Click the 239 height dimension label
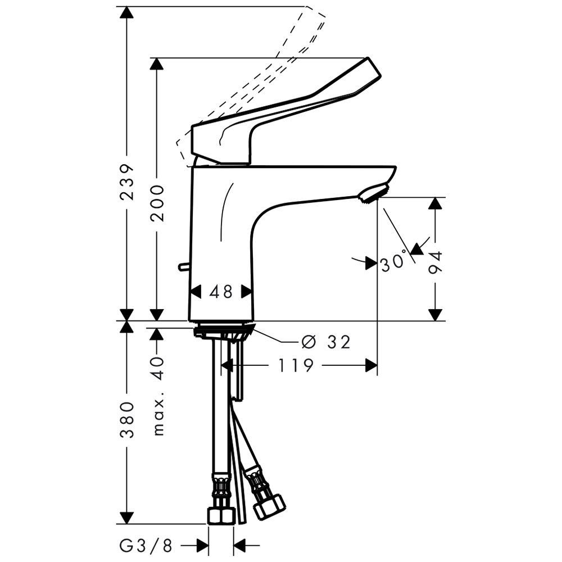127,182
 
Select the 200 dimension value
157,203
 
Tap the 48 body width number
221,292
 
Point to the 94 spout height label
436,262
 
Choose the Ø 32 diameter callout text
326,342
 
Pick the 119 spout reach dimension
296,365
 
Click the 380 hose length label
127,420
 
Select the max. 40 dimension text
157,396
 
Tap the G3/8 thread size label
146,546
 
